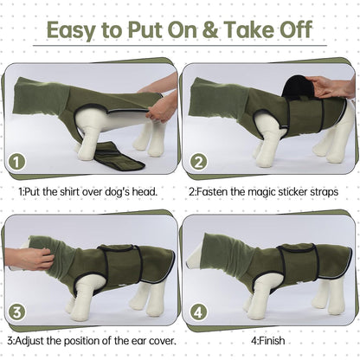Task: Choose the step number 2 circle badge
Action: coord(198,162)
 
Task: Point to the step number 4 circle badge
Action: coord(198,312)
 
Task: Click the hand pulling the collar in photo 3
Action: coord(29,257)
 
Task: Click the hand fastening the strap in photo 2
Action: coord(333,87)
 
